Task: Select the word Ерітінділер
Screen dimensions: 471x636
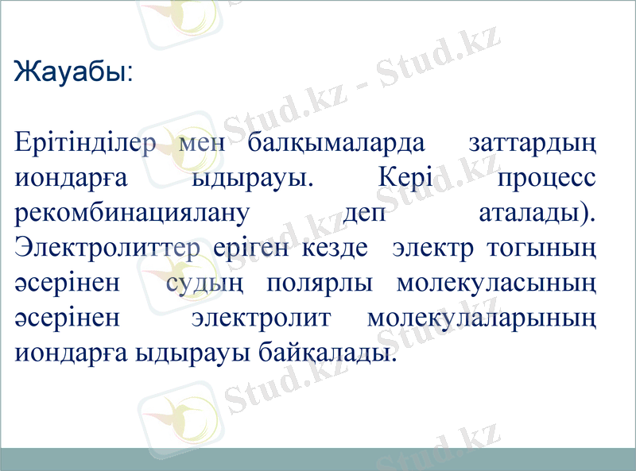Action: coord(91,145)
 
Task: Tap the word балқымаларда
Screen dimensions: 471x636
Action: coord(335,145)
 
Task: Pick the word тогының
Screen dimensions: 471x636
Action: coord(545,248)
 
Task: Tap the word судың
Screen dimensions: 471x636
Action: coord(209,283)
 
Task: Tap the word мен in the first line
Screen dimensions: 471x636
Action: coord(205,145)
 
